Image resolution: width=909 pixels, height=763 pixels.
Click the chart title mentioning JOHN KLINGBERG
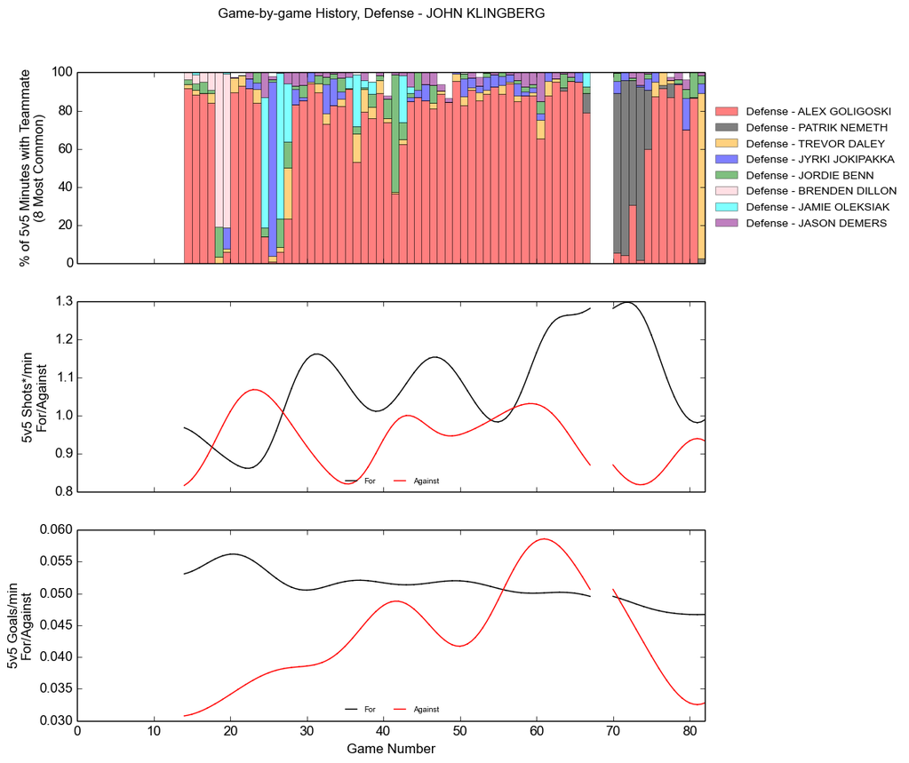click(x=381, y=14)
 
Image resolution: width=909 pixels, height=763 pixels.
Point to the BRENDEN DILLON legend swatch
click(x=727, y=191)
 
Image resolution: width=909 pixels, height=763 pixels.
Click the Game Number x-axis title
click(x=391, y=749)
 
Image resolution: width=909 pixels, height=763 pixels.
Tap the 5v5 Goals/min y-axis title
click(x=19, y=625)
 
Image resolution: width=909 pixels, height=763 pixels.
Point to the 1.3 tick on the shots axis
click(x=63, y=302)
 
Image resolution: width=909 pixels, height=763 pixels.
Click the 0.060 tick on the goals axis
click(x=56, y=530)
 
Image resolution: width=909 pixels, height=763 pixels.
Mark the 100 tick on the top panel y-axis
click(x=61, y=72)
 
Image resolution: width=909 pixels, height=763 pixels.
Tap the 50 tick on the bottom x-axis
click(x=459, y=733)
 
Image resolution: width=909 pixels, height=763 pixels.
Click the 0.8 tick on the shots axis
click(x=63, y=492)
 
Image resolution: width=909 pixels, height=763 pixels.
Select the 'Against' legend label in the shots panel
click(x=427, y=481)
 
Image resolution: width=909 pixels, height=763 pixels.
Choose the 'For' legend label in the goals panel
click(x=370, y=710)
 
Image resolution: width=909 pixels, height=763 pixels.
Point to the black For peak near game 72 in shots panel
click(x=628, y=302)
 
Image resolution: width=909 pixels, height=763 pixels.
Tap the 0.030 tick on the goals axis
click(x=56, y=721)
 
